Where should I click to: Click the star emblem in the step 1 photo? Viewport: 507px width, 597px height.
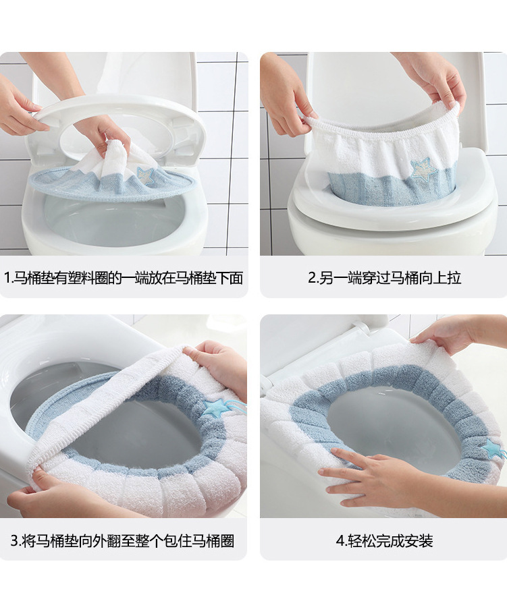[146, 175]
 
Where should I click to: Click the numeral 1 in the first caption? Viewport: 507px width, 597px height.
[7, 277]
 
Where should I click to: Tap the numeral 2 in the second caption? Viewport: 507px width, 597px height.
[312, 277]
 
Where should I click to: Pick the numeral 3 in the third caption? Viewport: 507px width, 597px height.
[14, 540]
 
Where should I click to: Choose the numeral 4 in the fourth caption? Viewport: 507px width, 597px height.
[340, 540]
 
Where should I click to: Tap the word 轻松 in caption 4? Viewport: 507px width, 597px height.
[362, 540]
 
